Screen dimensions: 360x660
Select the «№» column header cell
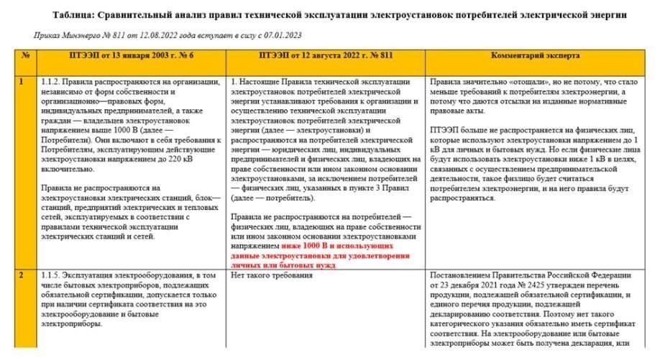(x=25, y=55)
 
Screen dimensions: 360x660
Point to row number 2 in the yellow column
(x=22, y=275)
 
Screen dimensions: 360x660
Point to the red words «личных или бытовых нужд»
(x=283, y=264)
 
